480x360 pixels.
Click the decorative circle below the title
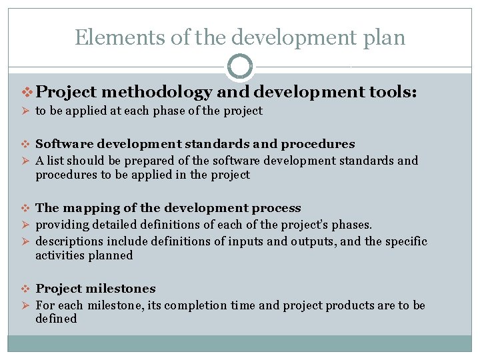coord(240,67)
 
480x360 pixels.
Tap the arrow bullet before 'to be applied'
coord(26,111)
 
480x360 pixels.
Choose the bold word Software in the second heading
coord(61,144)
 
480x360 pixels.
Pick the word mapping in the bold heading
coord(85,209)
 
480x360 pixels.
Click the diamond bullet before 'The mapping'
coord(26,209)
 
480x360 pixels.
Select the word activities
coord(59,255)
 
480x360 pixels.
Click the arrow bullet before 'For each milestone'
coord(26,305)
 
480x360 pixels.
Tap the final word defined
coord(56,319)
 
